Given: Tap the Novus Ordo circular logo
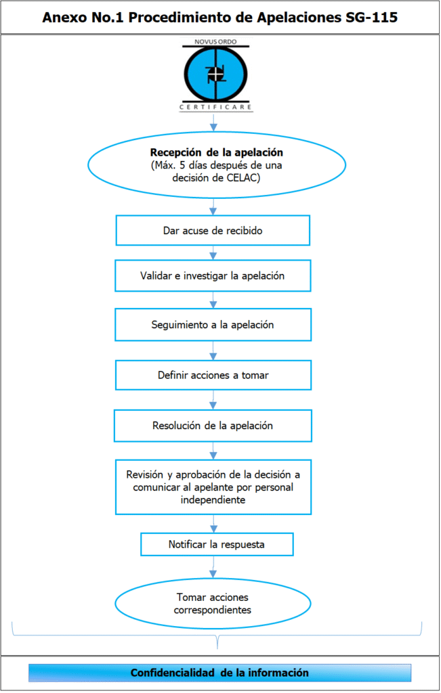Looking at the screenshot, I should (215, 74).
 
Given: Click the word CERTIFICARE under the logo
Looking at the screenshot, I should (215, 107).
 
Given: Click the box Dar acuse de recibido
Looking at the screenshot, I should (213, 231).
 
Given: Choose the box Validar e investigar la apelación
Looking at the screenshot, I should (213, 276).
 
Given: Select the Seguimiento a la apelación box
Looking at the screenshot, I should (213, 325).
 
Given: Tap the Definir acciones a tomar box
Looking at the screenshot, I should (213, 375).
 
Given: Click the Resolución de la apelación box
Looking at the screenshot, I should (213, 426).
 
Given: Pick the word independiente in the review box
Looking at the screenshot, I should (213, 500).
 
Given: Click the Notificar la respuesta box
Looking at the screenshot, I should (217, 544).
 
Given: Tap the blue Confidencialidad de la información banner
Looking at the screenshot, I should (219, 673).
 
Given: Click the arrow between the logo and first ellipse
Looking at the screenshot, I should (214, 122).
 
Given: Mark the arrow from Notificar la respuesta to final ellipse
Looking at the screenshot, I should (214, 568).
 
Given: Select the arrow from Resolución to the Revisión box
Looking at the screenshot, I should (214, 451).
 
